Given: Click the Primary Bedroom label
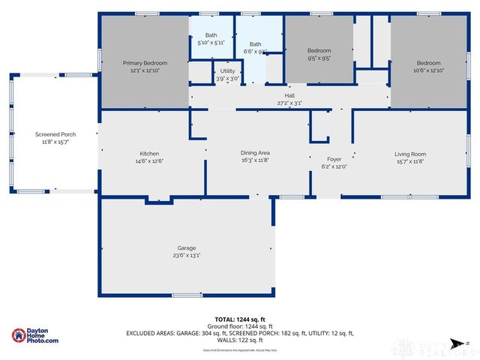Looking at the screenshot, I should pos(144,62).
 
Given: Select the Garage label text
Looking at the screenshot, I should pos(186,247).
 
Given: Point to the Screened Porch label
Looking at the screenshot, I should pos(55,134).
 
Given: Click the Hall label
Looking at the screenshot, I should pos(289,95).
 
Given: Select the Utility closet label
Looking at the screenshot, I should pos(227,71).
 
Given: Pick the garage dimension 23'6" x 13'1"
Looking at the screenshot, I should pos(186,255).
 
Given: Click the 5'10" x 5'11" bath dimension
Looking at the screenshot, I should pos(211,43).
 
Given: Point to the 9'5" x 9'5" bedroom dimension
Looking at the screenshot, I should pos(319,57).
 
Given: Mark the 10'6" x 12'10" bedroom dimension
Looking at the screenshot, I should pos(428,70).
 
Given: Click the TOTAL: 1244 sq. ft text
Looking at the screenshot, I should pos(239,319).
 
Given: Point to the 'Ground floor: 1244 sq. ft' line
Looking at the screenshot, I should pos(239,325).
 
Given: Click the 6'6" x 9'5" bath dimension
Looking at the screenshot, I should pos(256,52).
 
